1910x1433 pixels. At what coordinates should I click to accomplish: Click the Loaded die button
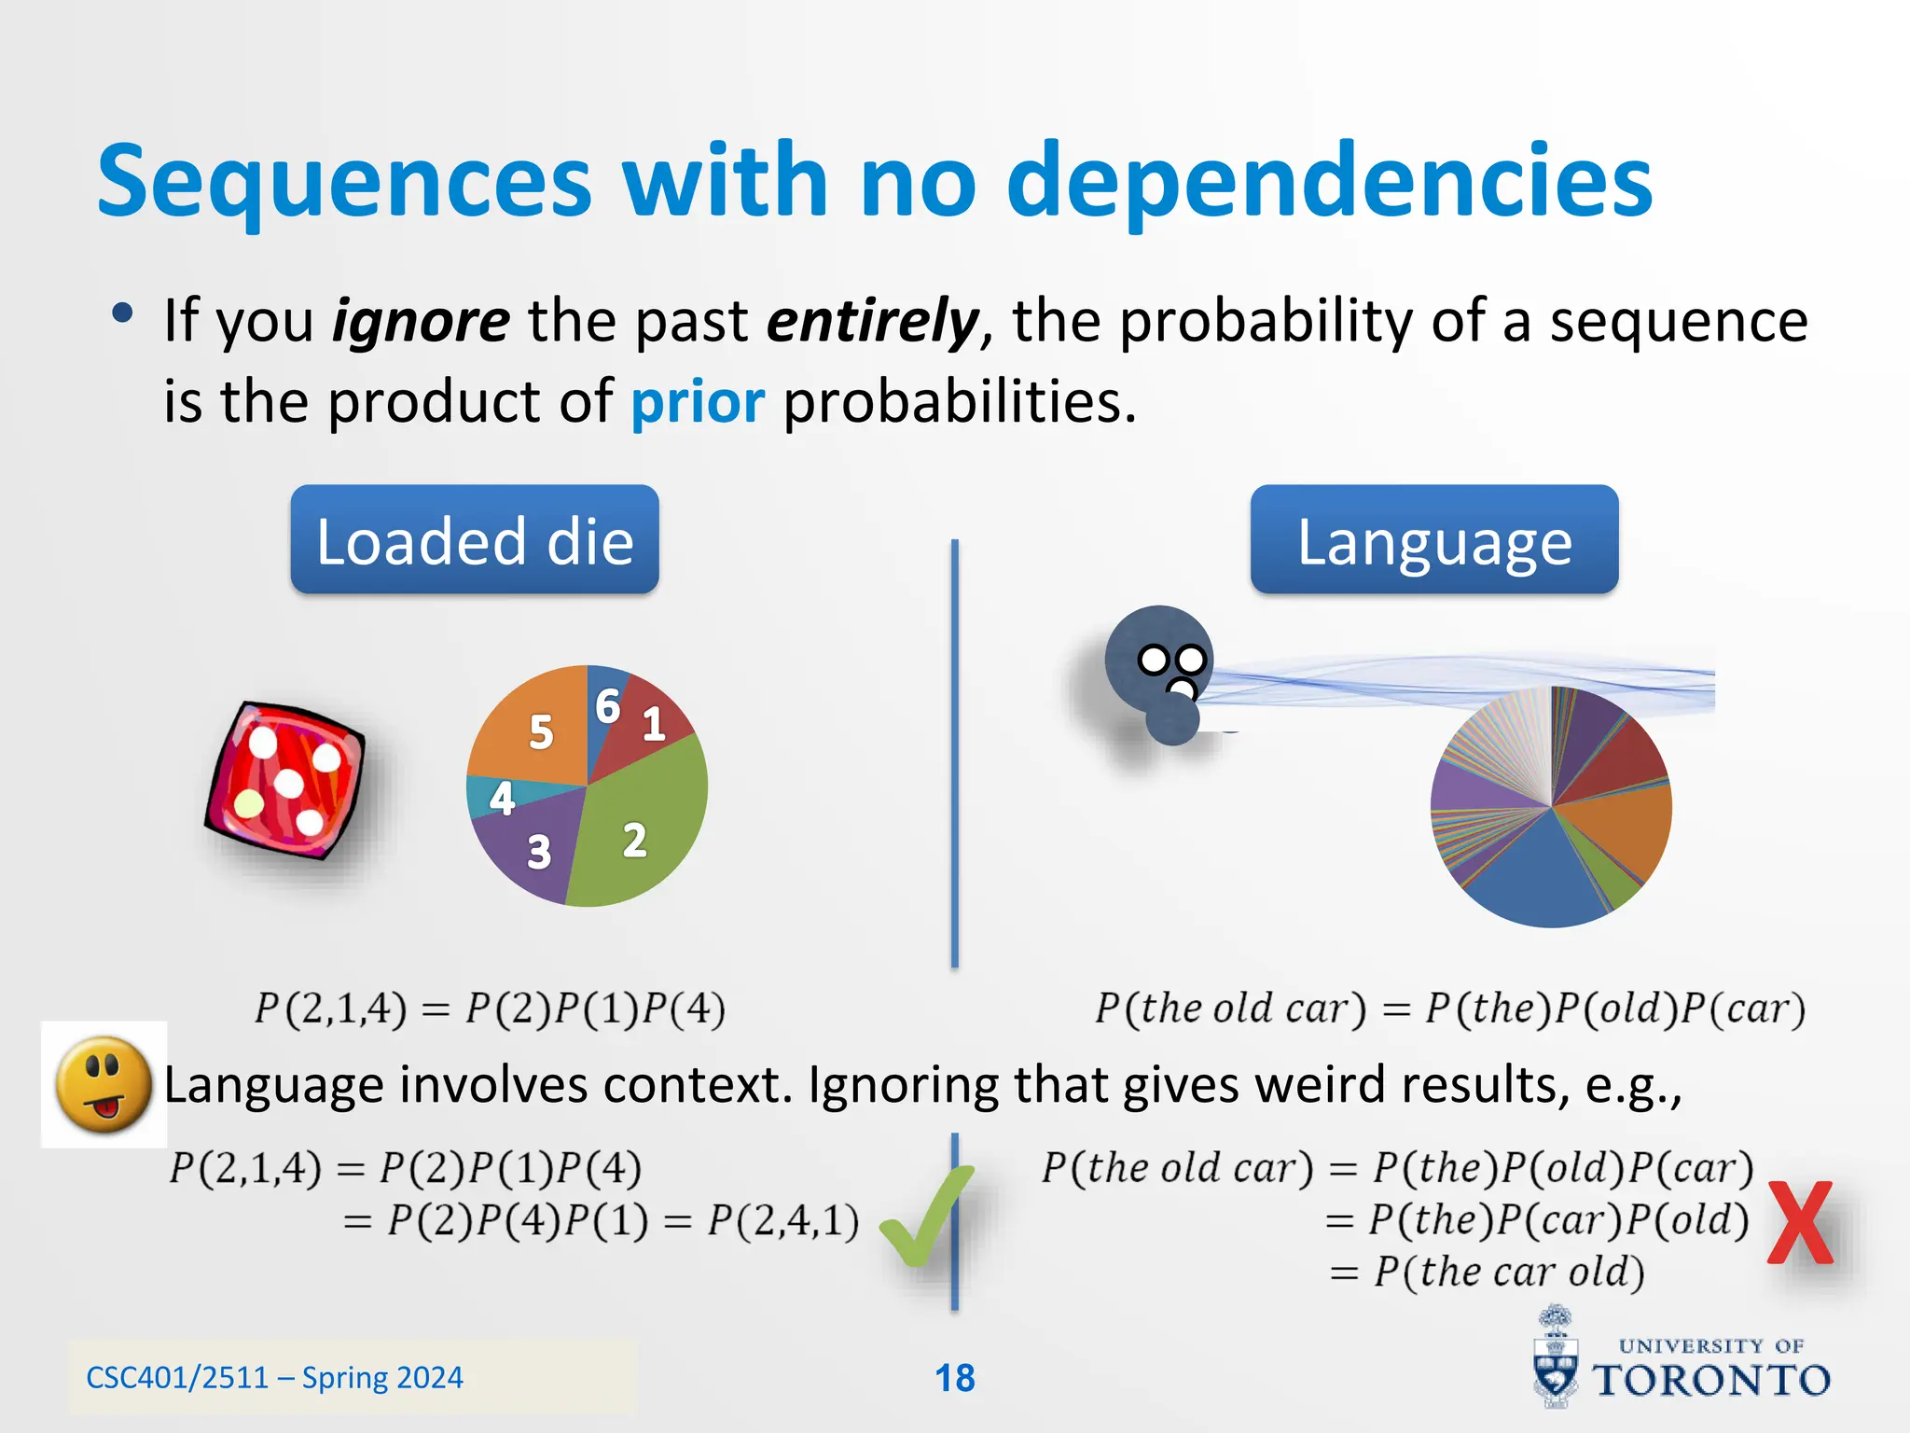[474, 540]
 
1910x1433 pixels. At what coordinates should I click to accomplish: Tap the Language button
[1433, 540]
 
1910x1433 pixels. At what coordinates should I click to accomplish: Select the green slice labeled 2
[644, 830]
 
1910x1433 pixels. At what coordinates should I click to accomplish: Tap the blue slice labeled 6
[606, 704]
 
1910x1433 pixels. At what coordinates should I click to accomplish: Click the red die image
[285, 779]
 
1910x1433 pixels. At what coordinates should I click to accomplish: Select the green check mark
[923, 1217]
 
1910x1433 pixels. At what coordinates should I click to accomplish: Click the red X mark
[1799, 1222]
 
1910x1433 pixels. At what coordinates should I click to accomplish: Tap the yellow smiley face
[104, 1084]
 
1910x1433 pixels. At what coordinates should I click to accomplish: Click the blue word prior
[698, 402]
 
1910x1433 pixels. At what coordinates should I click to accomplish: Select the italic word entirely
[871, 320]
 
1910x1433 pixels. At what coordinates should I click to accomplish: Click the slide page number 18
[954, 1378]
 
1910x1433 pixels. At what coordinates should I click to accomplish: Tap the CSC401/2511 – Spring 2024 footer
[274, 1378]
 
